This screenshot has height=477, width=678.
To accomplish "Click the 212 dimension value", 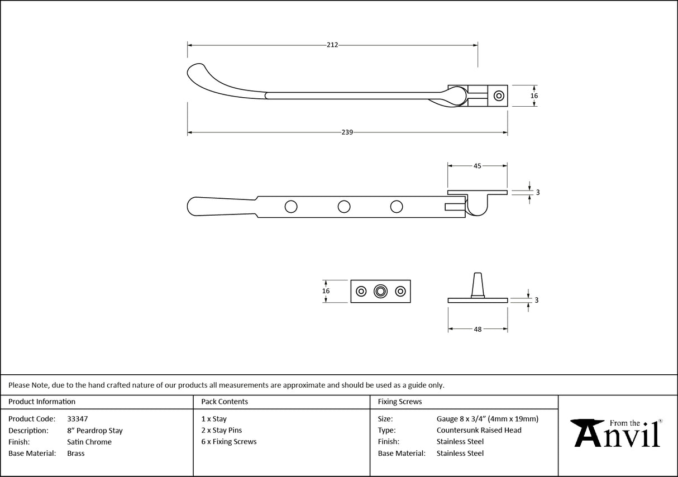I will point(332,45).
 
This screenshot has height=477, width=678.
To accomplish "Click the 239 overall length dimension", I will point(347,132).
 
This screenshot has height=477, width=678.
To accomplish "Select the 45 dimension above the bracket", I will point(478,166).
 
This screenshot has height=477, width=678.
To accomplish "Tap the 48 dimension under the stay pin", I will point(478,330).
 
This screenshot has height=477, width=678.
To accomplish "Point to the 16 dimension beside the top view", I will point(534,96).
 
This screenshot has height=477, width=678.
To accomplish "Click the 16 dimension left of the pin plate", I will point(326,291).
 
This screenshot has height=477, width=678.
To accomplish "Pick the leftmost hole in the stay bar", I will point(290,207).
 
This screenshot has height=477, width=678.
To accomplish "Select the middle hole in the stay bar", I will point(344,207).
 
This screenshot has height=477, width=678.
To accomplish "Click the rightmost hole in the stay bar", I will point(397,207).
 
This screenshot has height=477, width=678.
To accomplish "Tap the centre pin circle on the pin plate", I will point(381,291).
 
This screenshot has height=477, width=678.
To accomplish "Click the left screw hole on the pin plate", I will point(361,291).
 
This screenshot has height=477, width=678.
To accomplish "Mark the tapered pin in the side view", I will point(478,284).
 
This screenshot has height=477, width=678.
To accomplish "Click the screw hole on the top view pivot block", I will point(498,96).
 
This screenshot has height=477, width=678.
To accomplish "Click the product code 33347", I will point(77,419).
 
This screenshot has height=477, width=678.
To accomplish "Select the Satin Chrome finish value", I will point(89,442).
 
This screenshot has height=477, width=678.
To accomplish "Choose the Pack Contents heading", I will point(225,402).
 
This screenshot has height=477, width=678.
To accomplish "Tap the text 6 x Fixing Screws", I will point(229,442).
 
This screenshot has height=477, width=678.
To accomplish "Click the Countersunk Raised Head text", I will point(479,430).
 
